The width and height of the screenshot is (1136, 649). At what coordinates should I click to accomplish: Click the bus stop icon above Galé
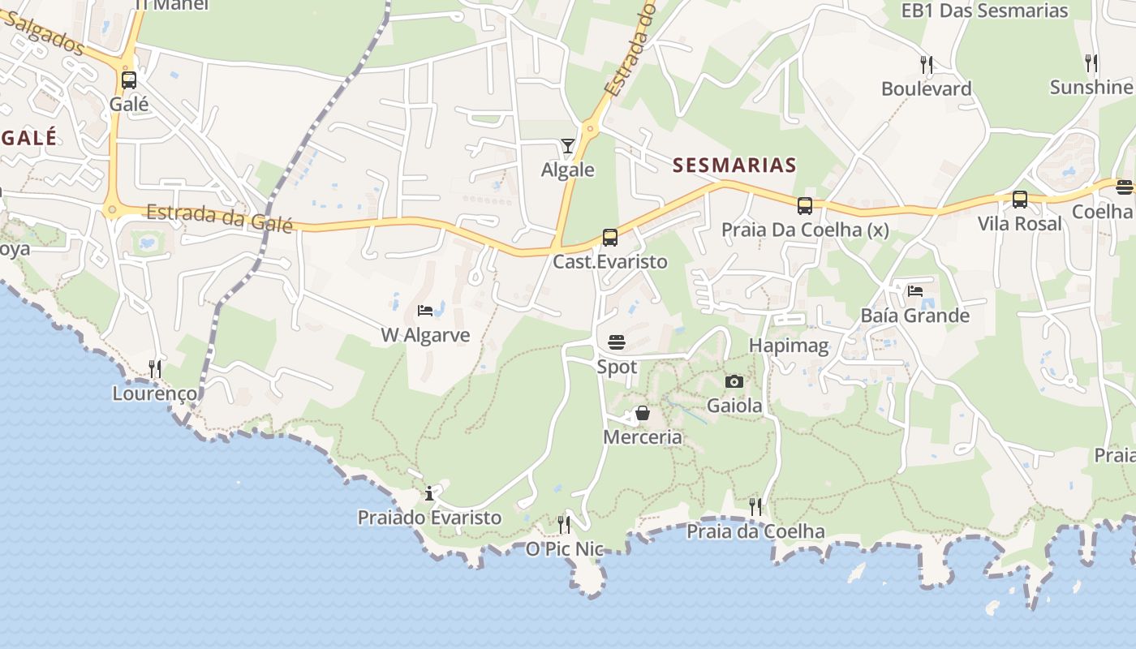[129, 80]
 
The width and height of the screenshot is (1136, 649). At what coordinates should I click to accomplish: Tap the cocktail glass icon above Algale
[567, 146]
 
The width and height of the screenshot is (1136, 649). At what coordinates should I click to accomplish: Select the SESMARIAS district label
[734, 165]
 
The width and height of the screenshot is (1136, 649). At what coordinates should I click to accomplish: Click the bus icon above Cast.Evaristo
[610, 238]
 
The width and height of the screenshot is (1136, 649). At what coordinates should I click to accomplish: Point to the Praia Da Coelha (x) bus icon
[805, 206]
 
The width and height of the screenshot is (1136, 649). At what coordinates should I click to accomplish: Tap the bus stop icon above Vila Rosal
[1020, 200]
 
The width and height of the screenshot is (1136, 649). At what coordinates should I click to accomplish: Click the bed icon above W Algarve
[425, 310]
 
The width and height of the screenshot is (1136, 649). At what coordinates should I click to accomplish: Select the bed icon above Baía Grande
[915, 290]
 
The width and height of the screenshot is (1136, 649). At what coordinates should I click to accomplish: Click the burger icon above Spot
[617, 342]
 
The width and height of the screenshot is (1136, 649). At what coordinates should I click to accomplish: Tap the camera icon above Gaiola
[734, 381]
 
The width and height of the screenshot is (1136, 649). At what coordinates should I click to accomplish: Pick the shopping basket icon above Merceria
[643, 414]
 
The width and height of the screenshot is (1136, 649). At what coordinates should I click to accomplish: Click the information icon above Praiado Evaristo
[429, 493]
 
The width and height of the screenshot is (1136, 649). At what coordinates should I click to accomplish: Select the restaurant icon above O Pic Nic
[564, 525]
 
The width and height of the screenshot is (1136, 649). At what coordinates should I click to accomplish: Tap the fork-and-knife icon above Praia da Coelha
[755, 507]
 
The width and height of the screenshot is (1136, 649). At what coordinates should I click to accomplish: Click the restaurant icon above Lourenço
[155, 369]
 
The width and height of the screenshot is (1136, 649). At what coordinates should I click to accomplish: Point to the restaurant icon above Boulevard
[926, 64]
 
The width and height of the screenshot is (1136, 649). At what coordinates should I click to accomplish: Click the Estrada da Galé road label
[219, 217]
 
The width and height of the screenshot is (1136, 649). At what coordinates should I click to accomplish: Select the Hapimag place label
[789, 346]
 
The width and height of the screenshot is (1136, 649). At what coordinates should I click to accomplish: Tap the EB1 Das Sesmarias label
[985, 11]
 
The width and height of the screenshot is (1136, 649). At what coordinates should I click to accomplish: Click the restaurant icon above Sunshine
[1091, 62]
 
